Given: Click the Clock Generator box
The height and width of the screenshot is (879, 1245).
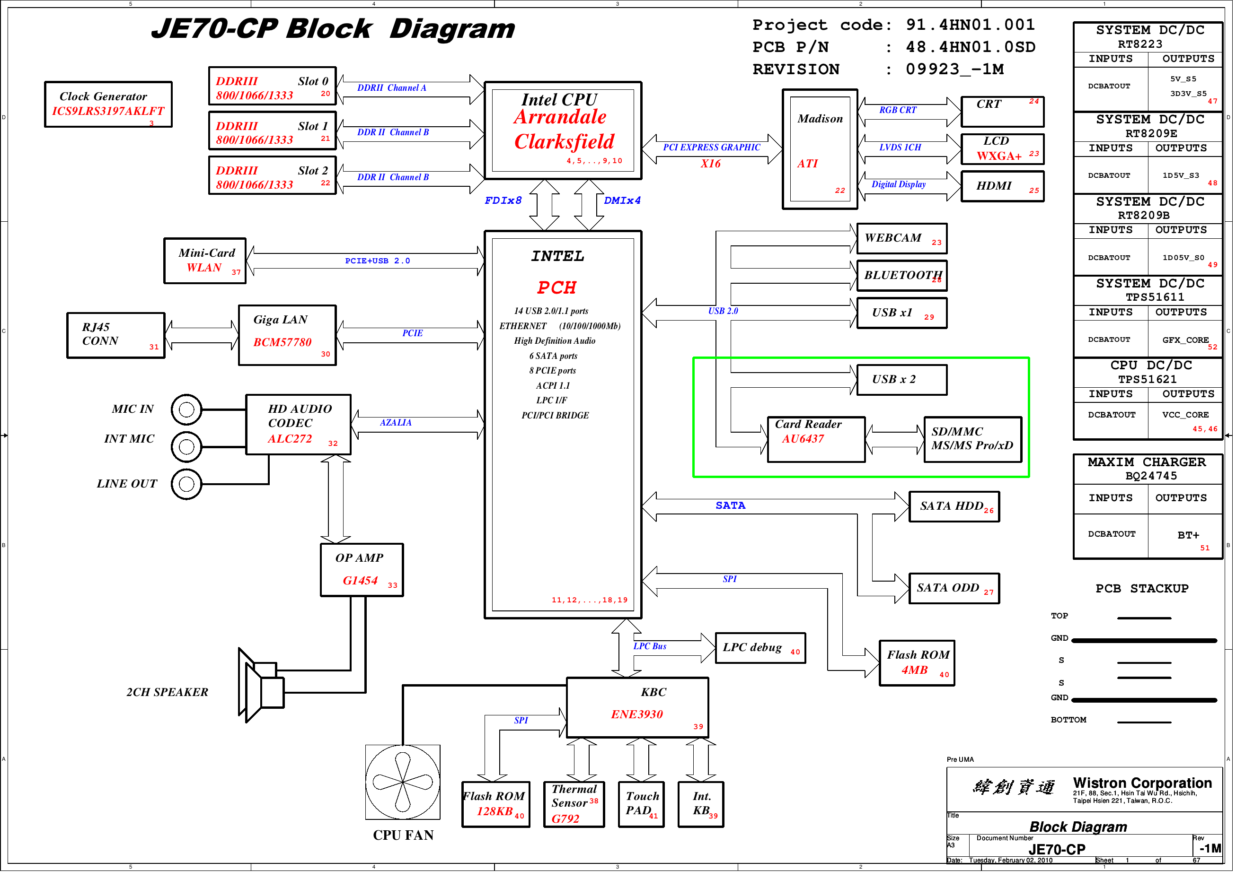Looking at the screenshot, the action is pos(108,104).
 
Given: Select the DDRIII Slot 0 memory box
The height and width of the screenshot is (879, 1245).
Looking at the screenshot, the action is pos(273,86).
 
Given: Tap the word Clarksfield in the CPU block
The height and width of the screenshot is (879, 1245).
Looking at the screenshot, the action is pos(565,142).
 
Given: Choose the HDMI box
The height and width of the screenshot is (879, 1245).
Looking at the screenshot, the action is pos(1003,186).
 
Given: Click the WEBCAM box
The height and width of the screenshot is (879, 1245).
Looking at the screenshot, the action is pos(902,238).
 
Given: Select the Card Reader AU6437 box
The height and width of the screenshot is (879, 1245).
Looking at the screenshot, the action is pos(817,440).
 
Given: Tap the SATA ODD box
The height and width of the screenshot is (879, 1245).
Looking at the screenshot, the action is pos(954,589).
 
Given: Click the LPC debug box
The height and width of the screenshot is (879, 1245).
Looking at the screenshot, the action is pos(761,648).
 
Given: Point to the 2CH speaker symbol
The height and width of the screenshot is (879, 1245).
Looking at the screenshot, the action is pos(261,686).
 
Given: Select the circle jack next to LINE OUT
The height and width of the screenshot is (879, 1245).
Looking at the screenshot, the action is pos(186,484).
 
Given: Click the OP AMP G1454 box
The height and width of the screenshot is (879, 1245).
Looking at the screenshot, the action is pos(362,571).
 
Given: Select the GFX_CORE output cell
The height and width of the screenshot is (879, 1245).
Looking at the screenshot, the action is pos(1185,340).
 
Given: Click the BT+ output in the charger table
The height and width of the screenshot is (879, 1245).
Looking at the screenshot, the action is pos(1188,535).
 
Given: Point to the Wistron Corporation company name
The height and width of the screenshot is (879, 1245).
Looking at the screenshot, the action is pos(1142,783).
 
